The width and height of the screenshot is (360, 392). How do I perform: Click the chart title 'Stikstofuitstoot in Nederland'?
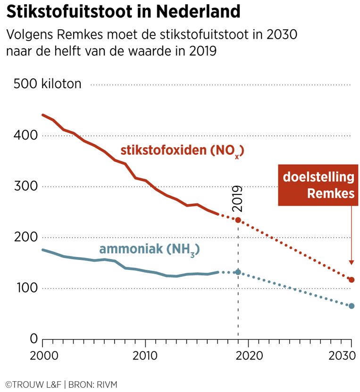[x=124, y=12]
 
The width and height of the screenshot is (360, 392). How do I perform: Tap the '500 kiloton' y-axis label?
[x=48, y=84]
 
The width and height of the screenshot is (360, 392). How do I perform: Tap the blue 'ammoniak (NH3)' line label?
[x=149, y=250]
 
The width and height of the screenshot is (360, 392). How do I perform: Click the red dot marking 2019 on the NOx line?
[x=238, y=220]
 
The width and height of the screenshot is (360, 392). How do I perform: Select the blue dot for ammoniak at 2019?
[x=238, y=272]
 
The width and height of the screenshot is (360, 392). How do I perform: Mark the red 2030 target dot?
[x=351, y=280]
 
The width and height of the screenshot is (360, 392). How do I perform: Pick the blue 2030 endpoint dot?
[x=351, y=306]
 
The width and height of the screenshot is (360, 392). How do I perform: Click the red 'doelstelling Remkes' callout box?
[x=318, y=185]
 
